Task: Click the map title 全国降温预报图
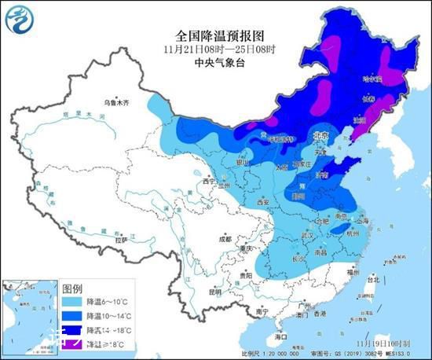pos(215,36)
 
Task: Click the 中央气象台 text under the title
pos(215,64)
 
